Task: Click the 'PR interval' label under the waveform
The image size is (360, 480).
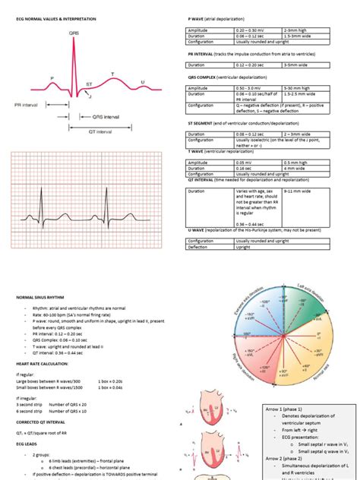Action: pyautogui.click(x=27, y=105)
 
